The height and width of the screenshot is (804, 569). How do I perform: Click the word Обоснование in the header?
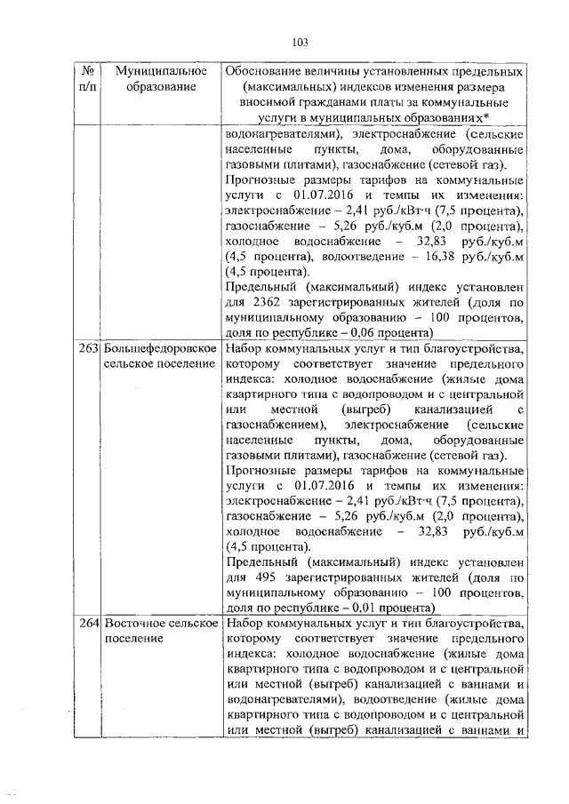266,70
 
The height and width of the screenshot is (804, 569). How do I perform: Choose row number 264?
87,623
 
